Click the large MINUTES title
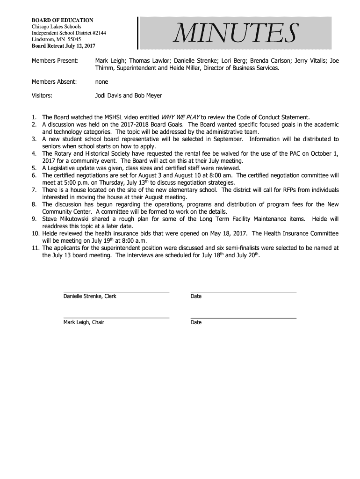[235, 33]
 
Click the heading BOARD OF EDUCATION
[62, 20]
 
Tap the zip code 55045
[74, 40]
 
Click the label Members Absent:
[54, 82]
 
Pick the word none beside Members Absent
[101, 82]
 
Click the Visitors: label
[42, 95]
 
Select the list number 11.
[36, 248]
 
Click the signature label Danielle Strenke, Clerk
[90, 296]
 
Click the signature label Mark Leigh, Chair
[84, 322]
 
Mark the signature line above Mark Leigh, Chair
[116, 318]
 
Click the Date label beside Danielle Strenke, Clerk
[196, 296]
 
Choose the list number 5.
[34, 168]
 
